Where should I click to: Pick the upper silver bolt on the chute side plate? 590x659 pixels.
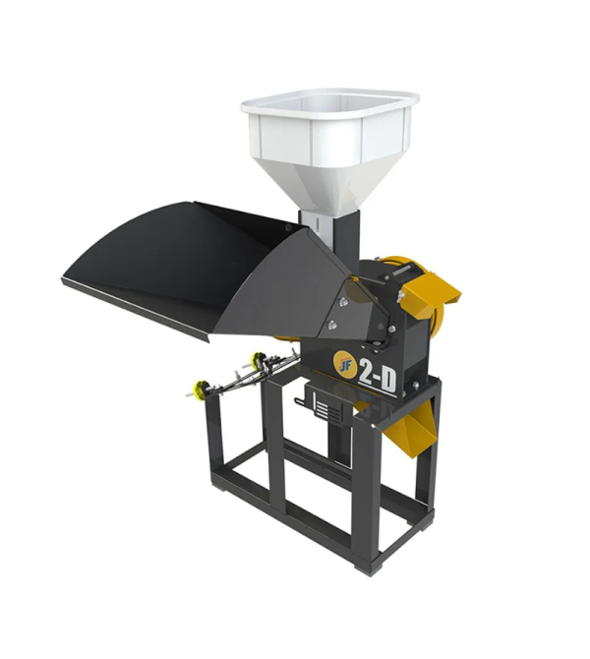click(x=343, y=301)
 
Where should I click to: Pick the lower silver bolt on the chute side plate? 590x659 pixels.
click(x=332, y=324)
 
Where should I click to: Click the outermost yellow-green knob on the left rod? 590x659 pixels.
click(x=202, y=388)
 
